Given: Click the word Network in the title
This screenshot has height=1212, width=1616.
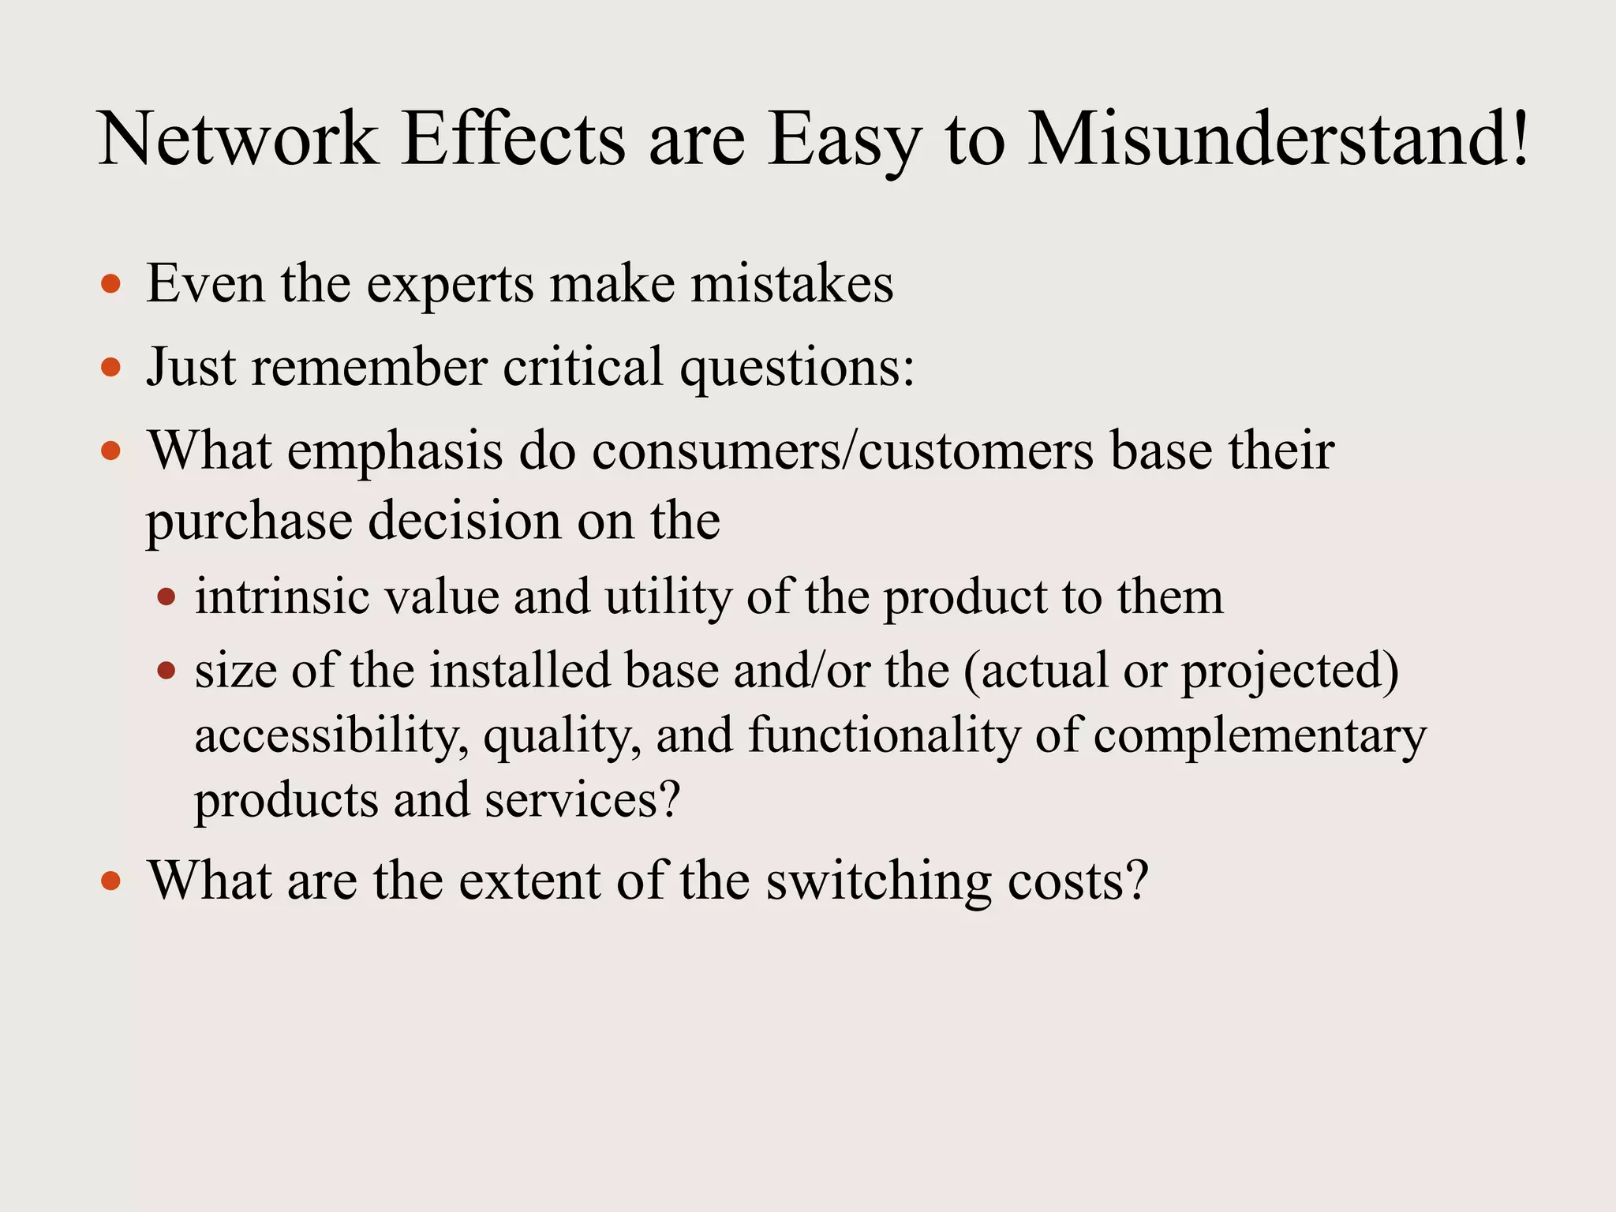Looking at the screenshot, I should [238, 140].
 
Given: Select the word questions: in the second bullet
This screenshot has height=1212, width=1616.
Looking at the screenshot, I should [797, 368].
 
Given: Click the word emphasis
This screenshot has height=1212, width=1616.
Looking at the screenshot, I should [395, 451].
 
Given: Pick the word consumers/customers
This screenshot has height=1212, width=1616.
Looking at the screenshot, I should [843, 451].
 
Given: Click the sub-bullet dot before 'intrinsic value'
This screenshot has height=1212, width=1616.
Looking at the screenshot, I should [166, 597].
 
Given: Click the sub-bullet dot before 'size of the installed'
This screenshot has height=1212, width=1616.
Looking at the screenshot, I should [166, 671].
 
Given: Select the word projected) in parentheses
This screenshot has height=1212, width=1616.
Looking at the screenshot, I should [1289, 671].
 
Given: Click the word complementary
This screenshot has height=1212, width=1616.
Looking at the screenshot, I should [1260, 736].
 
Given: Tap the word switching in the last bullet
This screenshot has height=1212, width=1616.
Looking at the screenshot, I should [878, 881].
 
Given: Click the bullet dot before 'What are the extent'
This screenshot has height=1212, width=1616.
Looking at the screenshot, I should [111, 881].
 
